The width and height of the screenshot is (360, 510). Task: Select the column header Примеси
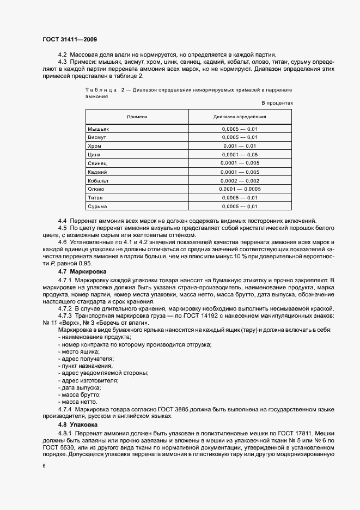137,117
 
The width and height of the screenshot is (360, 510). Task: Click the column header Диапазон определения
240,117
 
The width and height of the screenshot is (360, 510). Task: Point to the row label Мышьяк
99,129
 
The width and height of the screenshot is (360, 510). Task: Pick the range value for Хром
240,146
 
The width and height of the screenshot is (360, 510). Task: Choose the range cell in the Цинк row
240,155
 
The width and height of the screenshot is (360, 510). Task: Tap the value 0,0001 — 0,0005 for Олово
240,189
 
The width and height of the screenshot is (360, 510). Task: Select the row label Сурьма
97,207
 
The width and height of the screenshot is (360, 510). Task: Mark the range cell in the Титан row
240,197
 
